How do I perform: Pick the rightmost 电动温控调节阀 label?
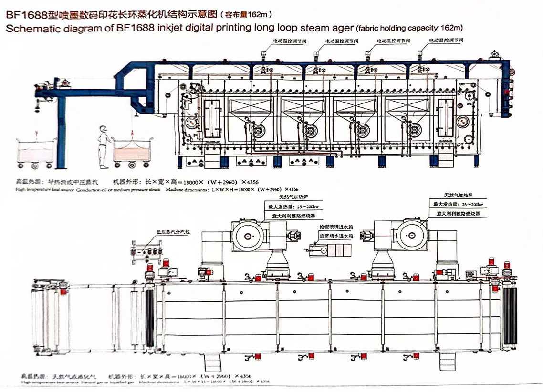[445, 41]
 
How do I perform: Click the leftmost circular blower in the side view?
[258, 129]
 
